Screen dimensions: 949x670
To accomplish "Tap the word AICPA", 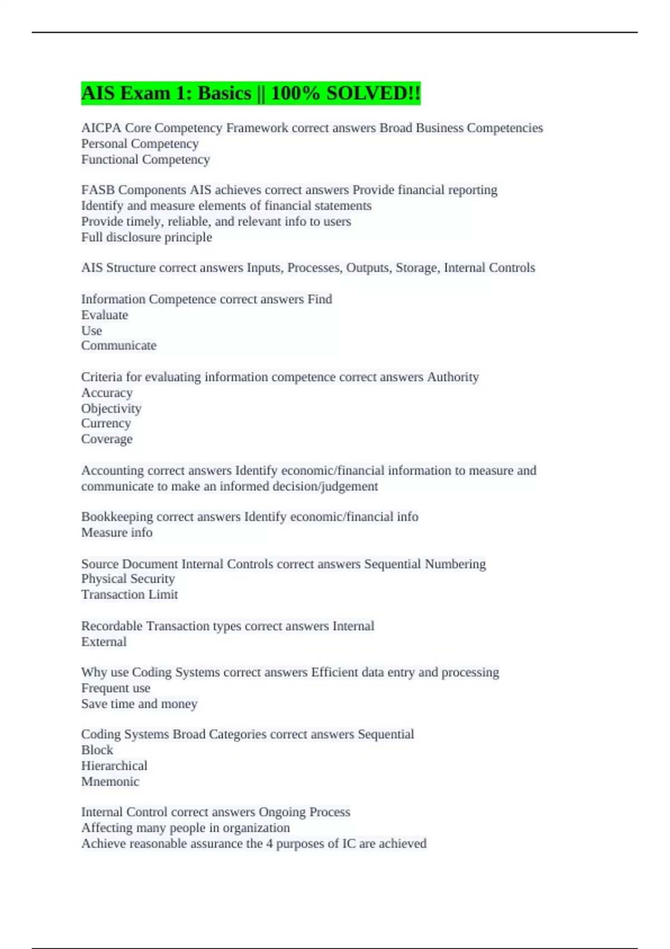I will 100,128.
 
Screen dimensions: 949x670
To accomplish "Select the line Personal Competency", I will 140,143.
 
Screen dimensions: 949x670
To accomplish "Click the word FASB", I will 98,190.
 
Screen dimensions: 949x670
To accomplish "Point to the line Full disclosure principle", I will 146,237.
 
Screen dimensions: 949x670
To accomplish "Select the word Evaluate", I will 104,315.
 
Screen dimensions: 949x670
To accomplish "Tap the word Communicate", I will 118,346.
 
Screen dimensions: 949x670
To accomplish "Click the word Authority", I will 453,377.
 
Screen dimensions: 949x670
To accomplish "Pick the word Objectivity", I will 111,409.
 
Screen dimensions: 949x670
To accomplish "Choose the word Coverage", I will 107,439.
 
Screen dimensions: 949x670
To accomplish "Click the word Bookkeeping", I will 117,517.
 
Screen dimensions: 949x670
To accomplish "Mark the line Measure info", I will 117,533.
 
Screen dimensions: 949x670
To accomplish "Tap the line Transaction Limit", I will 130,595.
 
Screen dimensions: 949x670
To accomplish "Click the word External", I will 104,642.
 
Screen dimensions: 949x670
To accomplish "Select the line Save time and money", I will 139,704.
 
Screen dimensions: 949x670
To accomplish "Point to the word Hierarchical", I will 114,766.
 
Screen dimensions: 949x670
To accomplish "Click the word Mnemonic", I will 110,782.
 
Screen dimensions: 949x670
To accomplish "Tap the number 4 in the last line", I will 269,843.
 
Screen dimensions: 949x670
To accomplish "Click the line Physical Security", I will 128,579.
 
